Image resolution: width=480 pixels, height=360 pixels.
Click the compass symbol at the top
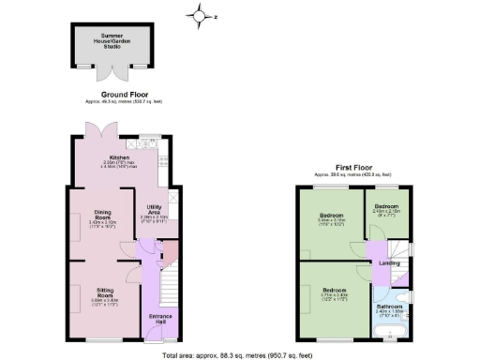pyautogui.click(x=199, y=15)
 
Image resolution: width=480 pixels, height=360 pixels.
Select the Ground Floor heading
pyautogui.click(x=121, y=96)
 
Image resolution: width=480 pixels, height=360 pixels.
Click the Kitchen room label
pyautogui.click(x=119, y=157)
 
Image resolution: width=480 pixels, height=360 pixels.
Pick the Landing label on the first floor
pyautogui.click(x=388, y=262)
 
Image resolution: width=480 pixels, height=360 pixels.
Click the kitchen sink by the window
pyautogui.click(x=149, y=144)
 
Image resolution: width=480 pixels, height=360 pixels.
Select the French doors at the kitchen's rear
pyautogui.click(x=93, y=132)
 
